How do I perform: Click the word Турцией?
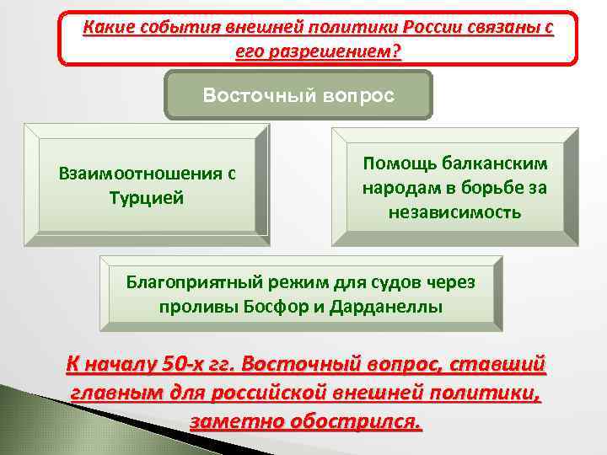click(x=148, y=199)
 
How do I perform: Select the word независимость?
click(x=454, y=211)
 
